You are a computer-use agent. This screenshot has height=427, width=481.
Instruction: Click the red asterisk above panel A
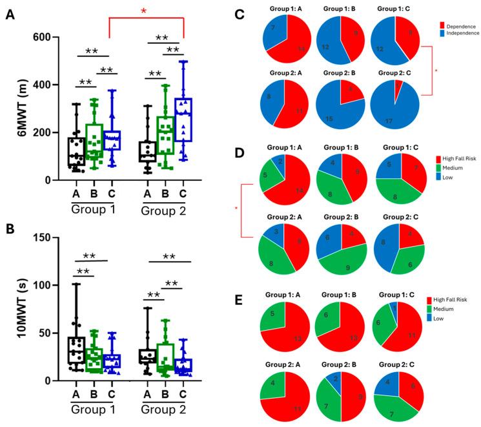click(x=147, y=10)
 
